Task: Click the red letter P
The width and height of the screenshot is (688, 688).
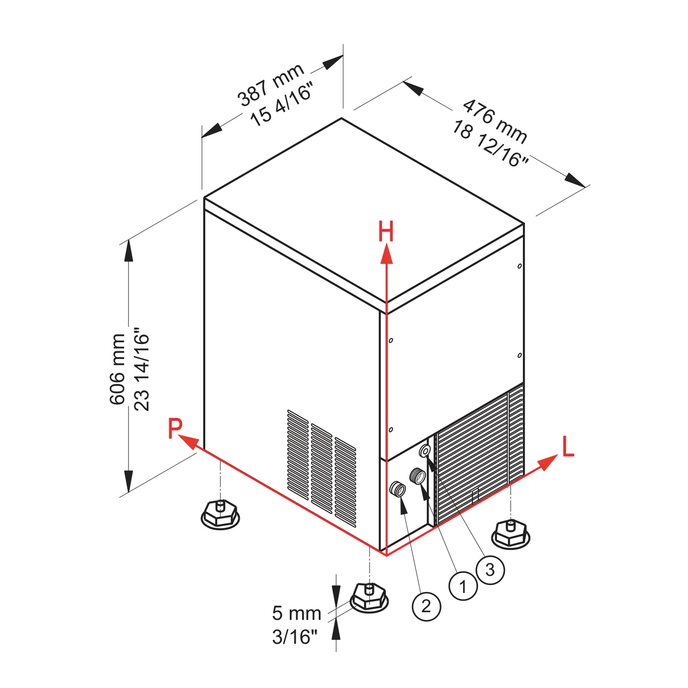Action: click(175, 428)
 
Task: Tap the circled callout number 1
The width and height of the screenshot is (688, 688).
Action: click(463, 586)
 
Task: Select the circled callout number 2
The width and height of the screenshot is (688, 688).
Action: click(426, 606)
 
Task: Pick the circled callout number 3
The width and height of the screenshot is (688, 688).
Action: click(490, 570)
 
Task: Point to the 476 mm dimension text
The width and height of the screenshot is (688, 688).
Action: click(495, 122)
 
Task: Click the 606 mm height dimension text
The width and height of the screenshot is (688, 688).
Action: click(117, 369)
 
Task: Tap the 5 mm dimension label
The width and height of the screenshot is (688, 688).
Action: click(296, 614)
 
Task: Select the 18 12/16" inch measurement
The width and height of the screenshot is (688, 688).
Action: click(490, 144)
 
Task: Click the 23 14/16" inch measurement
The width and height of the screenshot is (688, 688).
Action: click(141, 369)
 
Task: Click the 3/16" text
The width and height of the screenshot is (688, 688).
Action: click(295, 637)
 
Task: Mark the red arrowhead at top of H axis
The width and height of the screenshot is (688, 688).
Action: click(387, 253)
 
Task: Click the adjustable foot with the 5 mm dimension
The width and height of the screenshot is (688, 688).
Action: click(369, 597)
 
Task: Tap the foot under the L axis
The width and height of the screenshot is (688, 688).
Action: click(510, 534)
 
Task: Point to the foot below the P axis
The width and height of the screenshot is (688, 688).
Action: click(220, 514)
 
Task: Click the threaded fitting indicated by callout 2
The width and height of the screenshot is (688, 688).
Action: click(397, 489)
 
